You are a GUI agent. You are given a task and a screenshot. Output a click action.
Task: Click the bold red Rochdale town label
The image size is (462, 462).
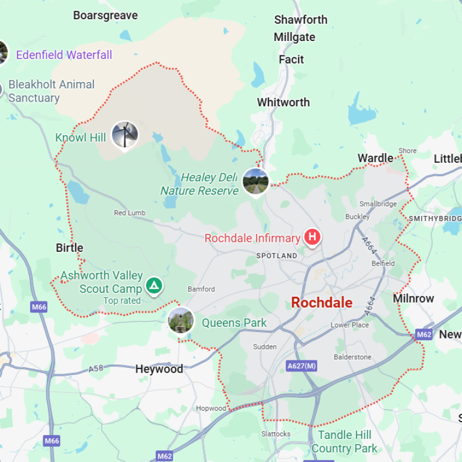322,303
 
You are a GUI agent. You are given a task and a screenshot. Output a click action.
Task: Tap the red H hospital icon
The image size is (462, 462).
312,237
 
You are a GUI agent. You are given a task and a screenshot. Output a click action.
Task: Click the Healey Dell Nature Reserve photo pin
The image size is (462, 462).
256,180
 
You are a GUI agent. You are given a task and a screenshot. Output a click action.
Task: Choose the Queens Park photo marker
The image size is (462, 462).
181,321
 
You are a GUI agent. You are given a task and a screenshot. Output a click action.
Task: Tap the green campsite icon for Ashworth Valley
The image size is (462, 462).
153,285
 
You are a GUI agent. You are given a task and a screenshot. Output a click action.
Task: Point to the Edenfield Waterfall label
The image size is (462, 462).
64,55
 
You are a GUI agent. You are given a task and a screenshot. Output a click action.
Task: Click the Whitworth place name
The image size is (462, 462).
283,102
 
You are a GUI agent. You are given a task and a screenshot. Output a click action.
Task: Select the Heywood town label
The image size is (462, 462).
159,369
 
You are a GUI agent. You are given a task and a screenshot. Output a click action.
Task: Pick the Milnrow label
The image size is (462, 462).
413,299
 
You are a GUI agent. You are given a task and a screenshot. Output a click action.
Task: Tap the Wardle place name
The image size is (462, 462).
375,158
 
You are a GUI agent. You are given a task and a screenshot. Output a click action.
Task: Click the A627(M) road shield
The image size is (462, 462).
301,366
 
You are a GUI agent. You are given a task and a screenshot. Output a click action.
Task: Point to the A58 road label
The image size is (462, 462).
95,368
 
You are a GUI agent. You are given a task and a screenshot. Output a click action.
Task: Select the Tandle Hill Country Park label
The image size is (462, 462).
344,442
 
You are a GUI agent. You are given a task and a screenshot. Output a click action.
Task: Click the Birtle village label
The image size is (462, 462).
69,248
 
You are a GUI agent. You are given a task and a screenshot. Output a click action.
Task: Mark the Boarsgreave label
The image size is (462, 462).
105,16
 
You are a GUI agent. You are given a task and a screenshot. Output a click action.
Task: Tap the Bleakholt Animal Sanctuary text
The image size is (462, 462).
51,91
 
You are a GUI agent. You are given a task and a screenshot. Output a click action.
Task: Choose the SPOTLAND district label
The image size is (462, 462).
277,255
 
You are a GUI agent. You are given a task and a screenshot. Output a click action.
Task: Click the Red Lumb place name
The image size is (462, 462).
129,213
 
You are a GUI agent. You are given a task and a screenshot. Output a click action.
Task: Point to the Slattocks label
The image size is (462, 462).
275,434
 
